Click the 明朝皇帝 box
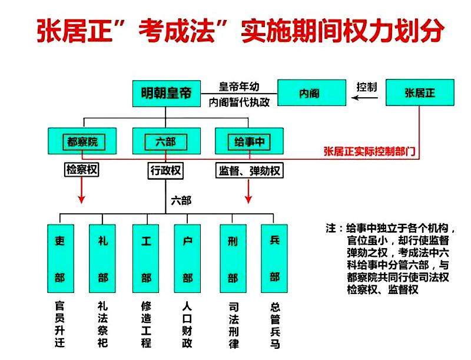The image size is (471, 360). (x=167, y=93)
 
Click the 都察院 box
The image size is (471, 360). (x=82, y=142)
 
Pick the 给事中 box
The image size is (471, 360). (x=248, y=142)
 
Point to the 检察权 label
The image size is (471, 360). (x=82, y=171)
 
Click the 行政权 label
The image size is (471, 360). (x=165, y=171)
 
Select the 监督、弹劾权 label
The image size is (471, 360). (x=250, y=171)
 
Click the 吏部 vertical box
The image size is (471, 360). (x=59, y=259)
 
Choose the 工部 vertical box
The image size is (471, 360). (x=145, y=259)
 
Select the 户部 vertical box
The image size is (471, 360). (x=188, y=259)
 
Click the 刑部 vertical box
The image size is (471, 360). (x=232, y=259)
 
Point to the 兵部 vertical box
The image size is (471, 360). (x=274, y=259)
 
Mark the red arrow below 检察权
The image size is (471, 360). (x=82, y=191)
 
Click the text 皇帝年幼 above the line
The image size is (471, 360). (x=239, y=85)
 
